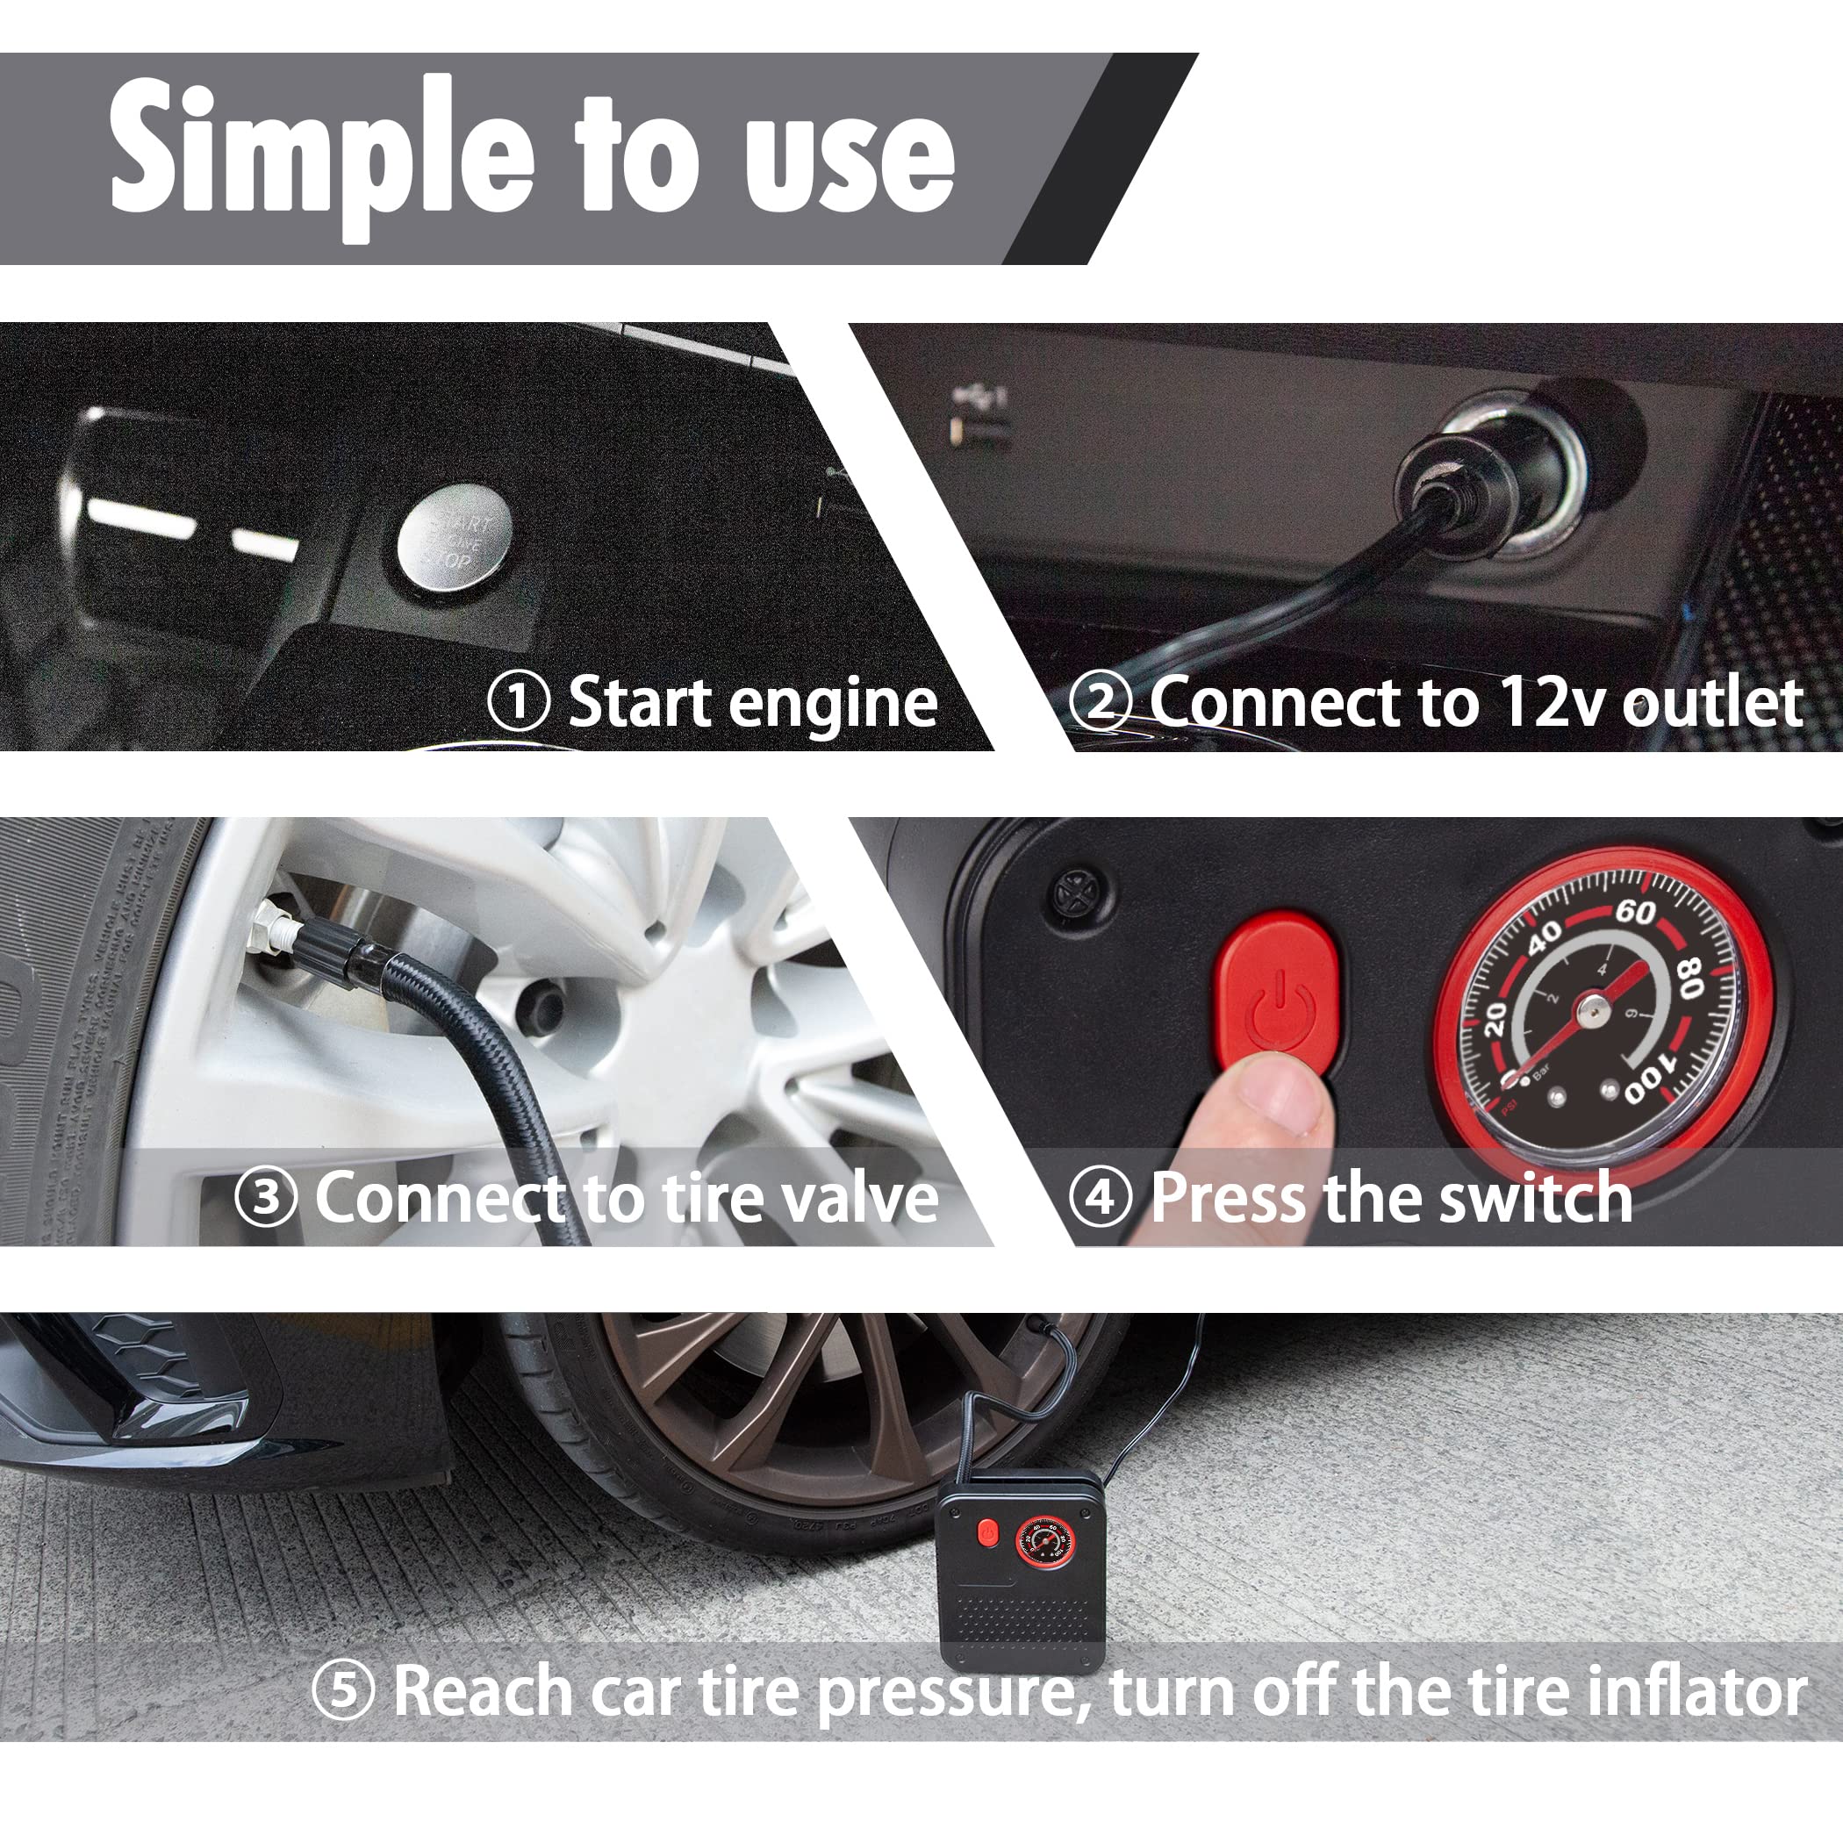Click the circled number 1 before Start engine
(x=518, y=702)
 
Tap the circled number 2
(x=1099, y=702)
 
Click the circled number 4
(x=1100, y=1197)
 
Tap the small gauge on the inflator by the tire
(x=1044, y=1542)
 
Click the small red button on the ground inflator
(x=987, y=1533)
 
